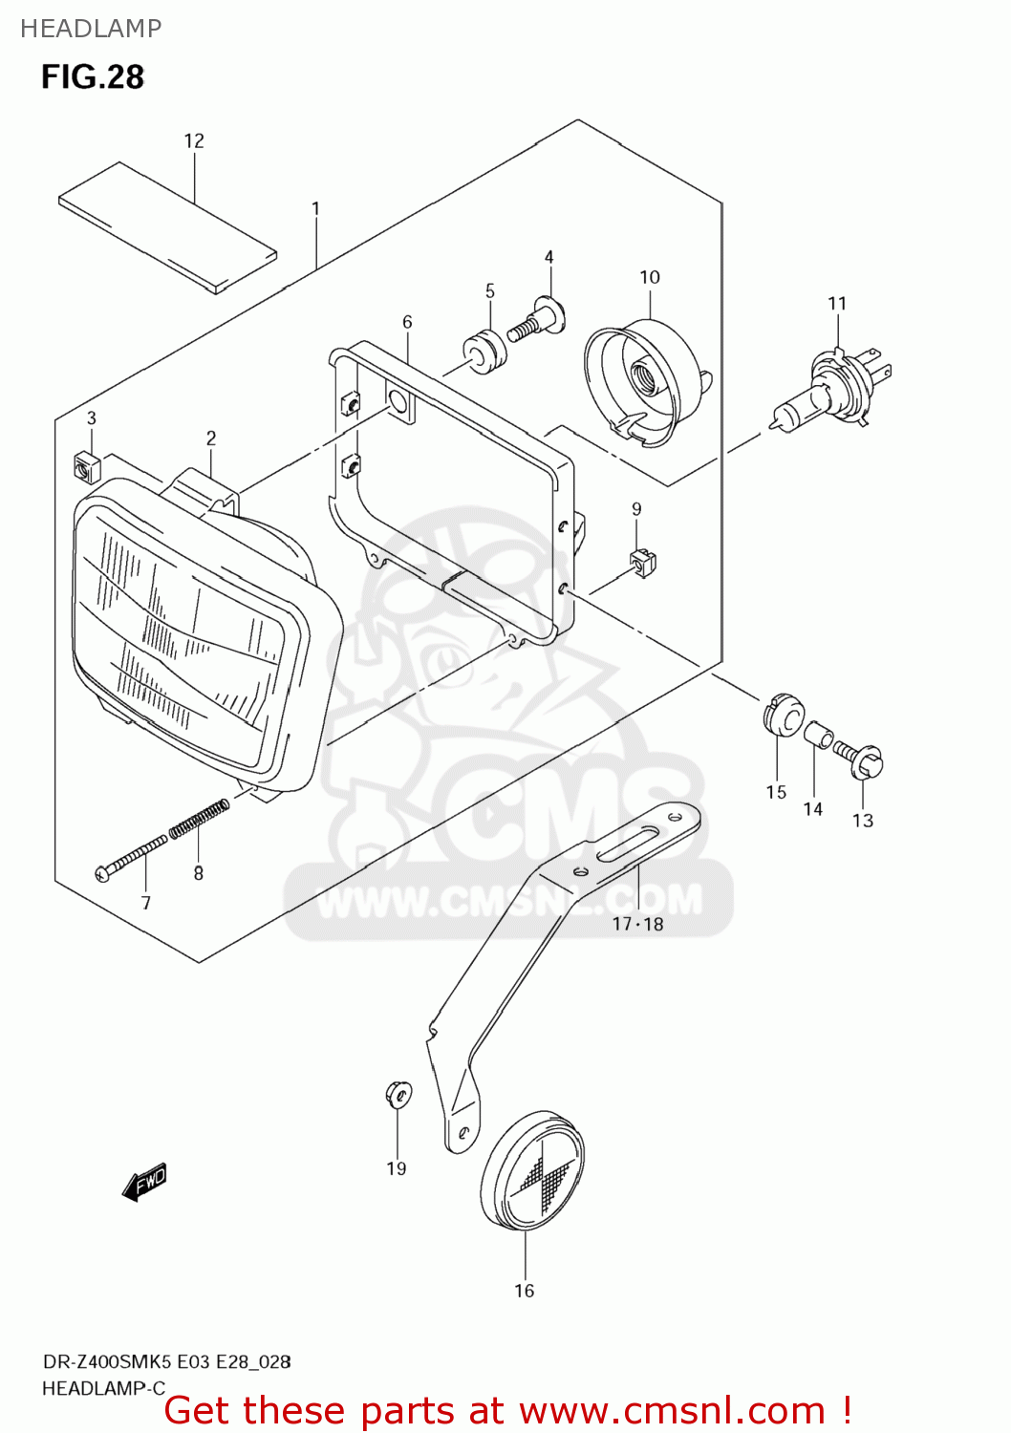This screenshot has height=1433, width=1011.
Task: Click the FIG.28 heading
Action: (92, 77)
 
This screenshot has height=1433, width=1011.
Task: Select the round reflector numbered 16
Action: (531, 1171)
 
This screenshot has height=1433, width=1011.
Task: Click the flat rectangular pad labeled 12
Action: (167, 226)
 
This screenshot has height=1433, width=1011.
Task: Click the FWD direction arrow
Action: (144, 1182)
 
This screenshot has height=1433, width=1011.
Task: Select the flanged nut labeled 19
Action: (398, 1094)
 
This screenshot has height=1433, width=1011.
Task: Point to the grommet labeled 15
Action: (783, 715)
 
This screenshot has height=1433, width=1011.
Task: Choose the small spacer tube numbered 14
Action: (819, 736)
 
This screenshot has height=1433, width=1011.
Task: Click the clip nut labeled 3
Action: (86, 466)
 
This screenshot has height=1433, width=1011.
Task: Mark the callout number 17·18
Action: (637, 924)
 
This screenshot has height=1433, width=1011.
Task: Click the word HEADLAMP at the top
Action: (91, 29)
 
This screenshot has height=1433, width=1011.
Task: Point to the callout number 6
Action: (407, 322)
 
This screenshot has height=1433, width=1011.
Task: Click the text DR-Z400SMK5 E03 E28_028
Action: (166, 1361)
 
